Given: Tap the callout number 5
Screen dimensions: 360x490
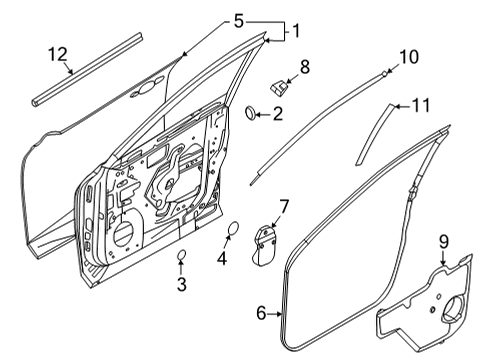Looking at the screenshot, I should tap(237, 20).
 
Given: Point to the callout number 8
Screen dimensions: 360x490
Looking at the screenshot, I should tap(305, 68).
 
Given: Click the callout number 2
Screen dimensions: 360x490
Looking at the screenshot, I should tap(277, 115).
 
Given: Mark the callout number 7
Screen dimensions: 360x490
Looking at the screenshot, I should tap(283, 207).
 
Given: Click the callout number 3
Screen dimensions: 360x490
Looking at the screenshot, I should tap(181, 286).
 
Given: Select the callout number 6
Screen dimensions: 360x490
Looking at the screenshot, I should tap(261, 314).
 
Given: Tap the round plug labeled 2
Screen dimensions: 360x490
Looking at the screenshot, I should tap(250, 114).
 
